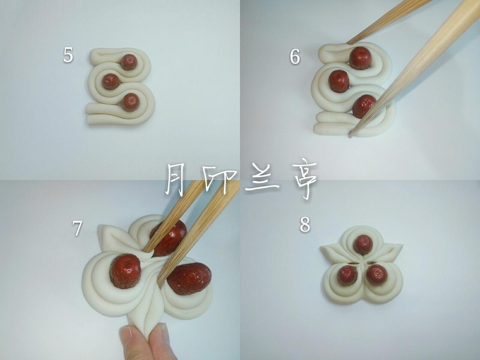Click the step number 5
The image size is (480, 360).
point(68,55)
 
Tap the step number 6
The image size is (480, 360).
point(295,56)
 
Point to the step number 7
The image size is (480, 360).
point(77,228)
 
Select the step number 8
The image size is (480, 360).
point(305,224)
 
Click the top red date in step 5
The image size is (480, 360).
point(129,62)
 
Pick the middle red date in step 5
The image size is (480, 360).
point(111,81)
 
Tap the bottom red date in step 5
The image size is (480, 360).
point(130,102)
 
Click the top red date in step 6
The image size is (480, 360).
point(360,58)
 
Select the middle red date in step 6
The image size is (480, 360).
point(339,81)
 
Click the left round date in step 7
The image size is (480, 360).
point(125,271)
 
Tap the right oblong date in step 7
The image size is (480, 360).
point(189,279)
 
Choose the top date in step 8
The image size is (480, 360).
point(363,244)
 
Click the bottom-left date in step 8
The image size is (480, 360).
point(348,275)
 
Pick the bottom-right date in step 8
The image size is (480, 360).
point(377,275)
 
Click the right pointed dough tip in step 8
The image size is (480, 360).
point(402,245)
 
